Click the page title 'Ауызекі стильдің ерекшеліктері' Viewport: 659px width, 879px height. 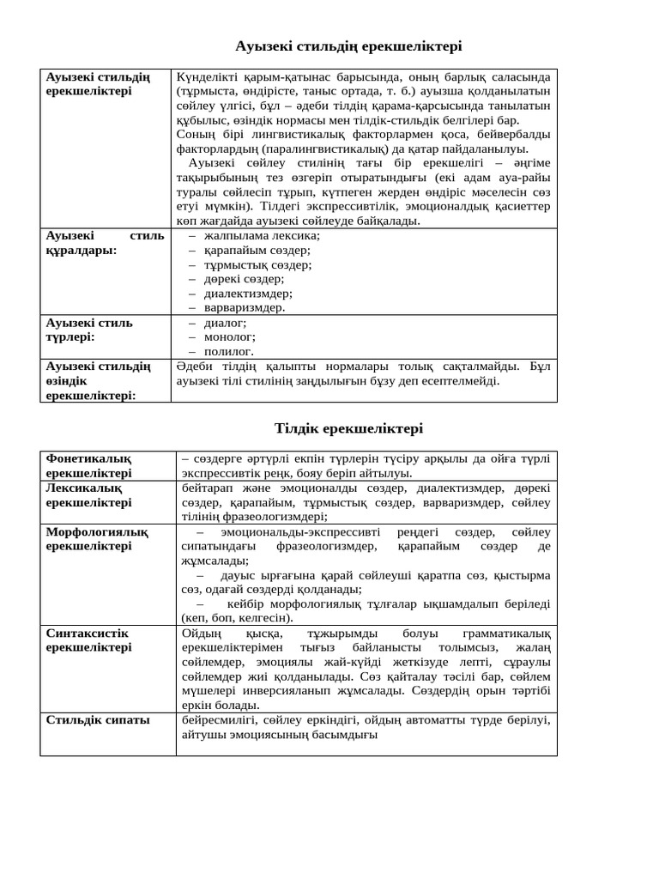[x=348, y=46]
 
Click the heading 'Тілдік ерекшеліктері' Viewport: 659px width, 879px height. [x=348, y=428]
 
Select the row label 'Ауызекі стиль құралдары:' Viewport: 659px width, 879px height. [x=105, y=243]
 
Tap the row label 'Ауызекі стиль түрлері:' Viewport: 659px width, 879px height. [x=89, y=330]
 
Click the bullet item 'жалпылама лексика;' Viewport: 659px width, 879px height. [x=262, y=236]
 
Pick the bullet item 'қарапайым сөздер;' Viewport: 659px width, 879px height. [x=257, y=251]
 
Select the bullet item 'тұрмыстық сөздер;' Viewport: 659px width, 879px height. [x=257, y=264]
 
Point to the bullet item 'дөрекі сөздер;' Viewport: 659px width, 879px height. [x=244, y=279]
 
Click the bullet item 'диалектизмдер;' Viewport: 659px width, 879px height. [x=248, y=293]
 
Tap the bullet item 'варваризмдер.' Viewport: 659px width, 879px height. [x=245, y=307]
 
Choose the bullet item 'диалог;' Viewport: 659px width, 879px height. [x=225, y=323]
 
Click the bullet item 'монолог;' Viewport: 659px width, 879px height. [x=229, y=337]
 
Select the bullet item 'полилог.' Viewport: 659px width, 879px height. [x=229, y=351]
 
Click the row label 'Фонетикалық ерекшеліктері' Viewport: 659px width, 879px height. [x=88, y=466]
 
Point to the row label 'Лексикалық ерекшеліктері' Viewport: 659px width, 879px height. [x=88, y=495]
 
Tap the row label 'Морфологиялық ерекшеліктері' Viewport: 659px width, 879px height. [x=97, y=539]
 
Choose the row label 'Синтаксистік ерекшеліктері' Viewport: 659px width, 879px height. [x=88, y=640]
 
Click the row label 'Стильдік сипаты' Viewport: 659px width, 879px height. [x=98, y=720]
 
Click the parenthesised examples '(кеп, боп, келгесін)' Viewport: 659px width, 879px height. [x=237, y=618]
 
